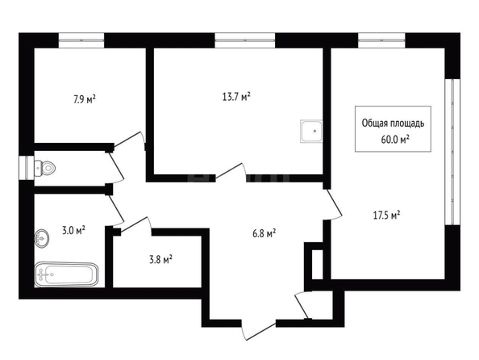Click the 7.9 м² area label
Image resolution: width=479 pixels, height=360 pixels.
pyautogui.click(x=85, y=99)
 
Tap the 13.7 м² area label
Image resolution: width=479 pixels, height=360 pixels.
pyautogui.click(x=236, y=97)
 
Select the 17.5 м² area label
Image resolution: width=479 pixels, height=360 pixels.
pyautogui.click(x=387, y=216)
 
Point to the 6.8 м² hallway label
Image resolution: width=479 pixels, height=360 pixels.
pyautogui.click(x=264, y=234)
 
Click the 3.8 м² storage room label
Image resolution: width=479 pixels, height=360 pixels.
pyautogui.click(x=160, y=260)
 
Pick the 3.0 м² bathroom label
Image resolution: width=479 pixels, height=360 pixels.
pyautogui.click(x=73, y=230)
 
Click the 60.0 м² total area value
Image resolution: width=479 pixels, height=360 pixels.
pyautogui.click(x=395, y=140)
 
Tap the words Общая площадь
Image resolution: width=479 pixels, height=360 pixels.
pyautogui.click(x=393, y=123)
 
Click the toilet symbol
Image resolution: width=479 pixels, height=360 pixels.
pyautogui.click(x=45, y=168)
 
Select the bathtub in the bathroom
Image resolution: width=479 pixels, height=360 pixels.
pyautogui.click(x=66, y=274)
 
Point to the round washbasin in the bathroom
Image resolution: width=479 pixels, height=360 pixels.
pyautogui.click(x=42, y=237)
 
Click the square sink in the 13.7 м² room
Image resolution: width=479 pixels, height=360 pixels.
pyautogui.click(x=311, y=132)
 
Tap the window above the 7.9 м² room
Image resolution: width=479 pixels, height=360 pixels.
pyautogui.click(x=81, y=40)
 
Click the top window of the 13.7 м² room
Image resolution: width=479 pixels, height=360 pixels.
pyautogui.click(x=245, y=40)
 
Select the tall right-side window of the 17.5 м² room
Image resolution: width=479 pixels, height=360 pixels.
pyautogui.click(x=452, y=152)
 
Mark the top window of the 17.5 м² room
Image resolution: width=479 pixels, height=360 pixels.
pyautogui.click(x=382, y=40)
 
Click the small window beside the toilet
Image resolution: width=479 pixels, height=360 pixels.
pyautogui.click(x=27, y=168)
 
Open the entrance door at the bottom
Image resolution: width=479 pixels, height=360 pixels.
pyautogui.click(x=258, y=330)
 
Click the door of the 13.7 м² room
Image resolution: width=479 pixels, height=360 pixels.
pyautogui.click(x=230, y=172)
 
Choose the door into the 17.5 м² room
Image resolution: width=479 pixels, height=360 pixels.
pyautogui.click(x=333, y=204)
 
